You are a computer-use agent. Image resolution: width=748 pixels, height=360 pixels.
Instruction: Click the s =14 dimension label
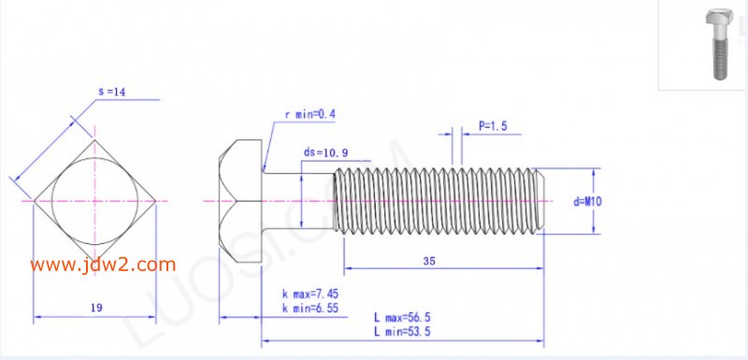coord(111,92)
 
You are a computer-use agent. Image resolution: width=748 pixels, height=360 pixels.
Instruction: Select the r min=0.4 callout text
coord(310,114)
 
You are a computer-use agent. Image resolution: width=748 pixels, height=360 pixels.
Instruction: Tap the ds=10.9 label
coord(325,152)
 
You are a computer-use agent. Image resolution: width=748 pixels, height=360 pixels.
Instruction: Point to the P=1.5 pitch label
coord(493,126)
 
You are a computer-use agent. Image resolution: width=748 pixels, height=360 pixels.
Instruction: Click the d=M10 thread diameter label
coord(587,202)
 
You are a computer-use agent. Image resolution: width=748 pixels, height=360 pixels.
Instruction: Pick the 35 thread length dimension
coord(429,261)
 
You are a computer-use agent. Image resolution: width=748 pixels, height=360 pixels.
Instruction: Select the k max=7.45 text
coord(310,294)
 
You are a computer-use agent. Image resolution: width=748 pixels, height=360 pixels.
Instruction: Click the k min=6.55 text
coord(310,309)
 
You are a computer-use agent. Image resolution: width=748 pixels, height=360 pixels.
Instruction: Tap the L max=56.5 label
coord(402,318)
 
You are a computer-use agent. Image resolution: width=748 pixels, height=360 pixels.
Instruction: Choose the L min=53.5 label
coord(402,331)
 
